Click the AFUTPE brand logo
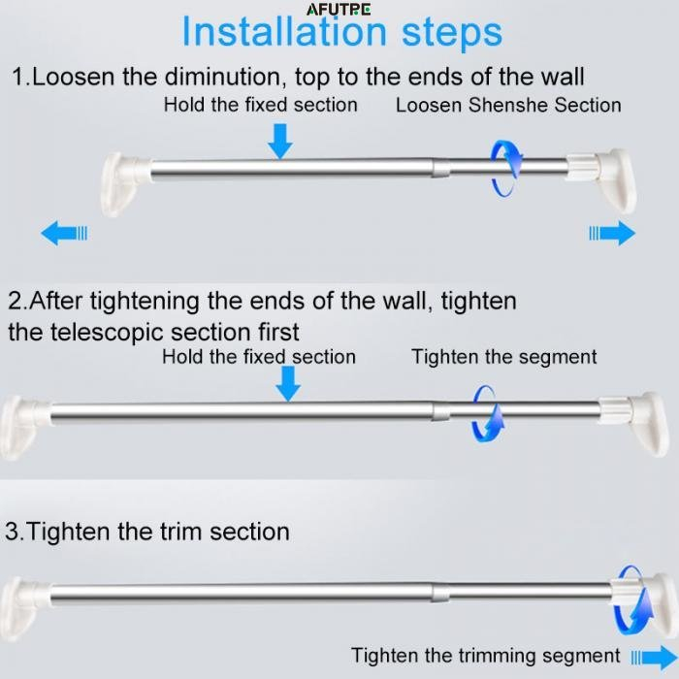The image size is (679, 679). pos(339,10)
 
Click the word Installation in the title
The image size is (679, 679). pos(284,32)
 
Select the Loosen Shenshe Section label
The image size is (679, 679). pos(508,105)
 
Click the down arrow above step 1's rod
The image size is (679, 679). pos(280,142)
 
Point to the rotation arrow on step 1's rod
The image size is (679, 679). pos(506,168)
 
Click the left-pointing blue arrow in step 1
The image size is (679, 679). pos(64,233)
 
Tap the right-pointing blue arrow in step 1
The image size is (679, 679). pos(612,233)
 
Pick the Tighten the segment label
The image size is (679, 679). pos(504,357)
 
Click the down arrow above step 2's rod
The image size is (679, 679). pos(288,384)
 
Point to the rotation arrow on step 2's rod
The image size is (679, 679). pos(488,414)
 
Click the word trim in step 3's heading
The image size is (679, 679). pos(180,532)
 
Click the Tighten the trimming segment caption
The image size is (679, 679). pos(485,655)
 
